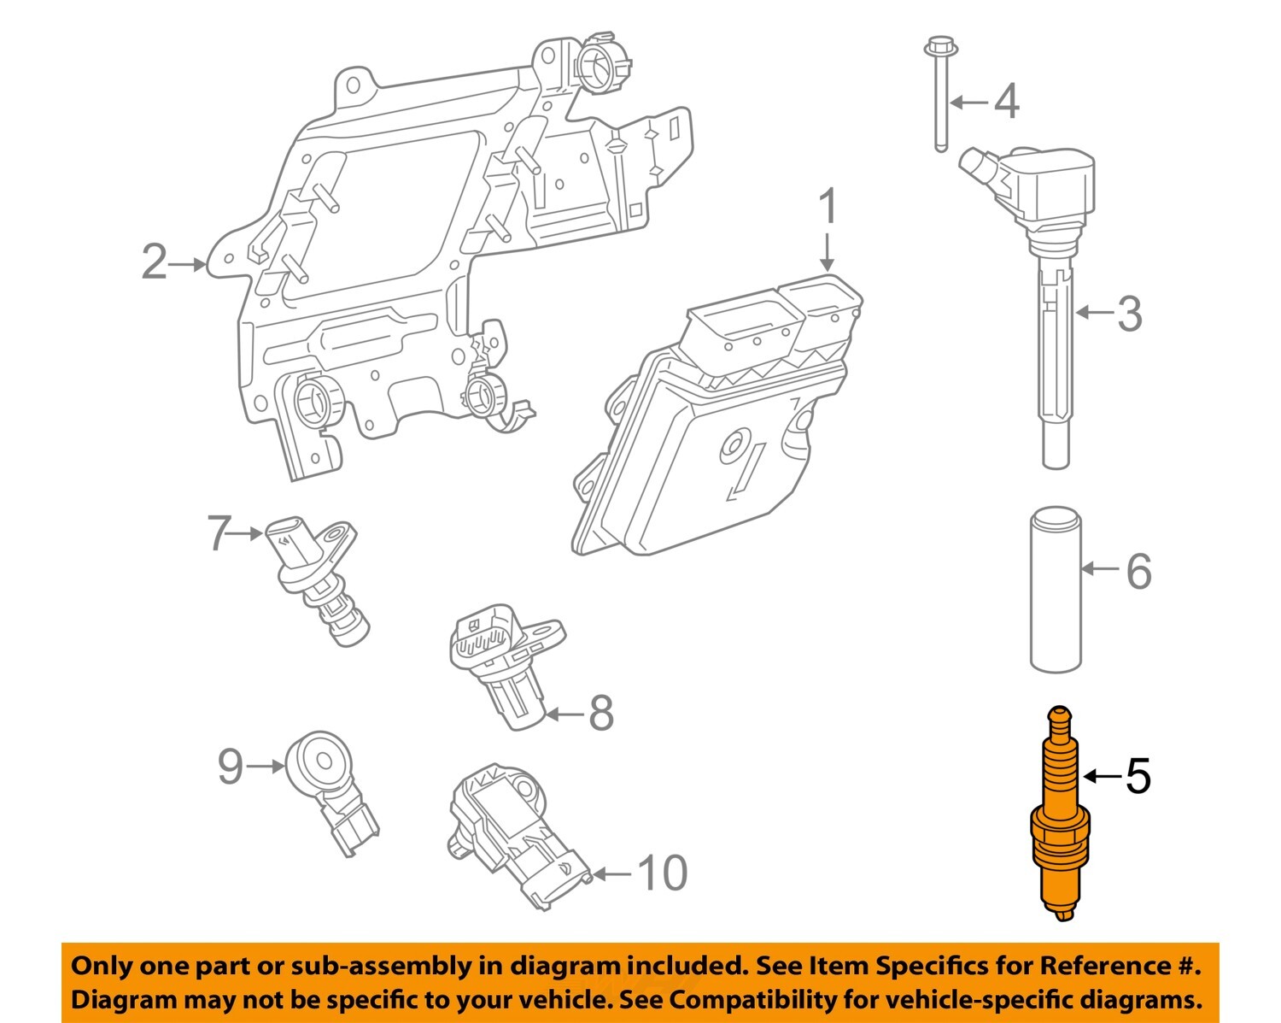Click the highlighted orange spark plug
coord(1059,820)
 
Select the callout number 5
coord(1138,776)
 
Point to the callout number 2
coord(154,262)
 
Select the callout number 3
coord(1129,314)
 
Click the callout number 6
coord(1138,571)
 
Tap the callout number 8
coord(601,713)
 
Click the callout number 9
coord(231,767)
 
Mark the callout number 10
coord(663,873)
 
